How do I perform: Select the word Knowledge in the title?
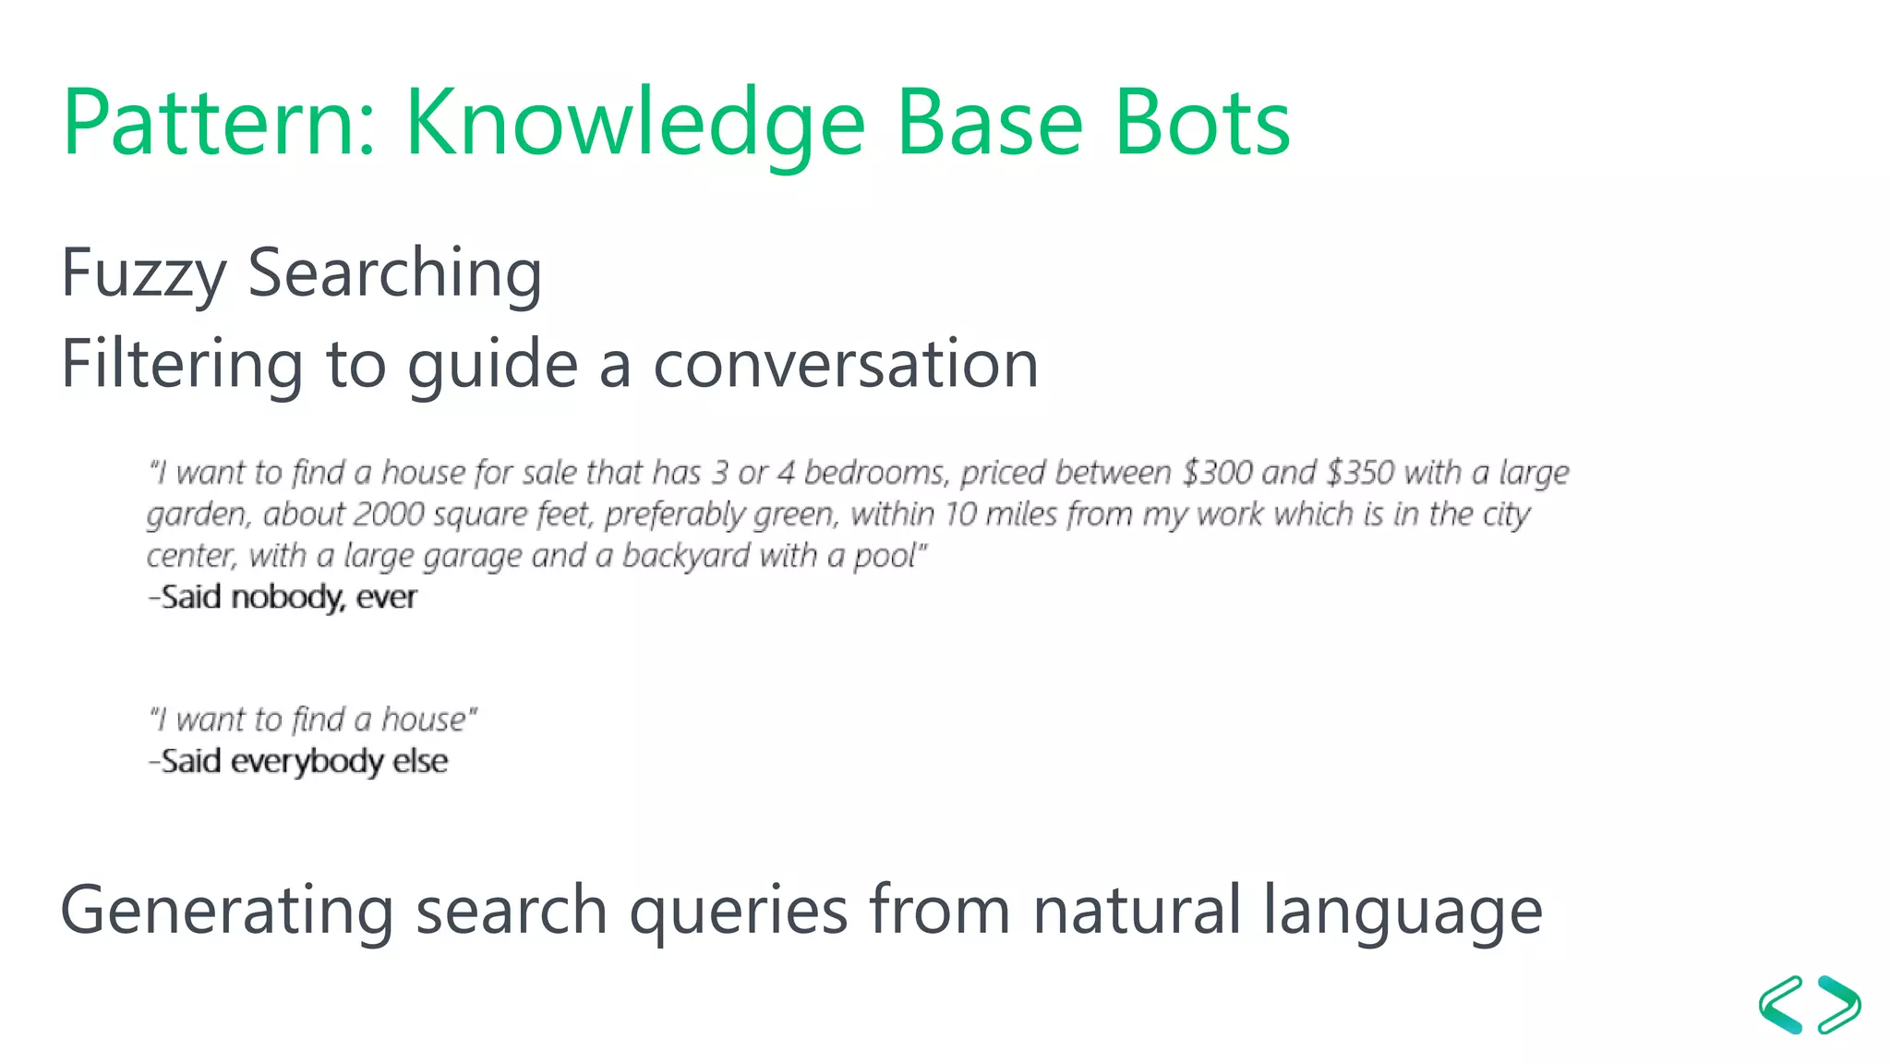pyautogui.click(x=635, y=123)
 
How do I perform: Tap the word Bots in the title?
pyautogui.click(x=1201, y=123)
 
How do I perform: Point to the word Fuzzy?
pyautogui.click(x=143, y=273)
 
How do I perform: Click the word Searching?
pyautogui.click(x=394, y=273)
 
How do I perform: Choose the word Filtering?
pyautogui.click(x=182, y=364)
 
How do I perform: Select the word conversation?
pyautogui.click(x=846, y=364)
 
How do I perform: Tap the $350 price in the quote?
pyautogui.click(x=1360, y=473)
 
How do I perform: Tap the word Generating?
pyautogui.click(x=227, y=911)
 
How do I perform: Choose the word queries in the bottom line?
pyautogui.click(x=738, y=911)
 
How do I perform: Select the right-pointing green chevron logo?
pyautogui.click(x=1839, y=1005)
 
